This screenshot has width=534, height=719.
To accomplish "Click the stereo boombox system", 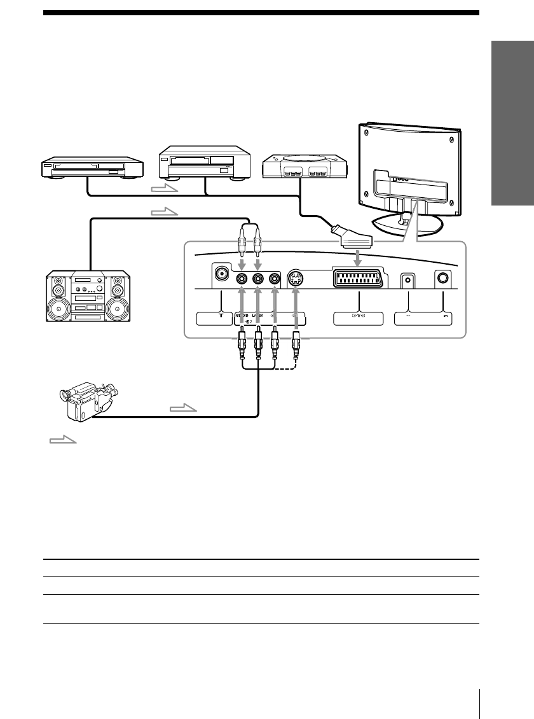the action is point(88,297).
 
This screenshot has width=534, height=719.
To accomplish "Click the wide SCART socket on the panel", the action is point(359,278).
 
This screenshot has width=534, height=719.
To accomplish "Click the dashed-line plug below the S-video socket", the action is point(296,347).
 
